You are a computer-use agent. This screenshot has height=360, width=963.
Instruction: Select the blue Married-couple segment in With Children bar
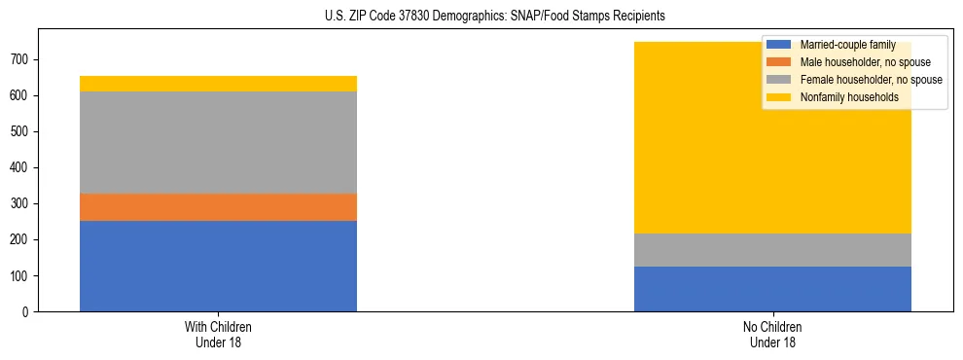[x=218, y=266]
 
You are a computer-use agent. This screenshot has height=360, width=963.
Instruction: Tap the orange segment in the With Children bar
[x=218, y=207]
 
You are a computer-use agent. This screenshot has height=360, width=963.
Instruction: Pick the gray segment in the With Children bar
[x=218, y=142]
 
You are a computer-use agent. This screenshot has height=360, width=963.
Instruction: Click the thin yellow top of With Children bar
[x=218, y=84]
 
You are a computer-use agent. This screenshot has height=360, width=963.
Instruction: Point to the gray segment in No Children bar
[x=772, y=250]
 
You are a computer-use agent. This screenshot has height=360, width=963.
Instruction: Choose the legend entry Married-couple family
[x=847, y=45]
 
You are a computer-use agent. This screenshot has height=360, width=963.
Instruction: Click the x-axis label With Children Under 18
[x=218, y=335]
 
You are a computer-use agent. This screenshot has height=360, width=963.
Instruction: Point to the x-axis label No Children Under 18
[x=772, y=335]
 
